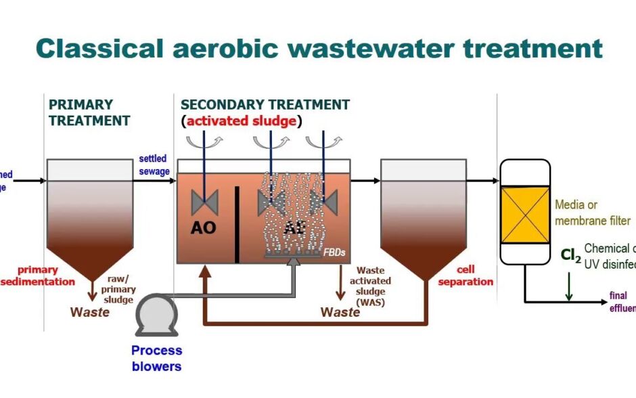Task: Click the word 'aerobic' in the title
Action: pos(223,49)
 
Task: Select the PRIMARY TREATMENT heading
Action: pos(89,113)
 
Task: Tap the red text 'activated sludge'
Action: pos(242,121)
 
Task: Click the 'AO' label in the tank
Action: pos(203,228)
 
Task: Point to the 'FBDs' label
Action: pos(334,251)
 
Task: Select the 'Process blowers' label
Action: pos(156,358)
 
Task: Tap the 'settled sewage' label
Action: pos(154,164)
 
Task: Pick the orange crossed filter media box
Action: pos(524,215)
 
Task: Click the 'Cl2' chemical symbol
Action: pos(570,255)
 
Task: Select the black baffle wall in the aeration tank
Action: pos(237,224)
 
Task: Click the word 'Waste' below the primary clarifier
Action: pos(90,312)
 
